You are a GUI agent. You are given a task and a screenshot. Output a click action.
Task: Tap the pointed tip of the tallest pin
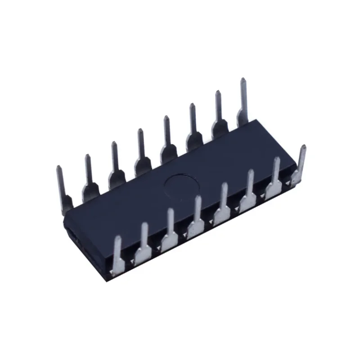243,80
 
